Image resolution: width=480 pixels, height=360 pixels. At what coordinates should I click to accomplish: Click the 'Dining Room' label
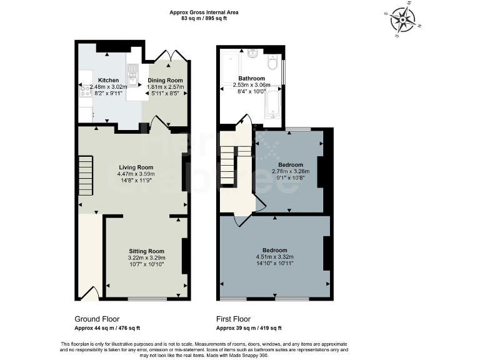(x=166, y=80)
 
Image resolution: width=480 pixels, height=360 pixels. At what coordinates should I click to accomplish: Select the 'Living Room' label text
(x=136, y=167)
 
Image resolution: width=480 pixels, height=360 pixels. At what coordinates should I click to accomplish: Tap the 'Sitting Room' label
(x=146, y=251)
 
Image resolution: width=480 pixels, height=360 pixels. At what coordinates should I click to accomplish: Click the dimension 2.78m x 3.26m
(x=291, y=171)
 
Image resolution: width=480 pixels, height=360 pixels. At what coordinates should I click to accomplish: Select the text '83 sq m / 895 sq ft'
(x=204, y=18)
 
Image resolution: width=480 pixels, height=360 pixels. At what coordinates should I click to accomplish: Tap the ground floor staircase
(x=85, y=178)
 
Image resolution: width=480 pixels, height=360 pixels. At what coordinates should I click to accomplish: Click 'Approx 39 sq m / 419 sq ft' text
(x=249, y=328)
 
